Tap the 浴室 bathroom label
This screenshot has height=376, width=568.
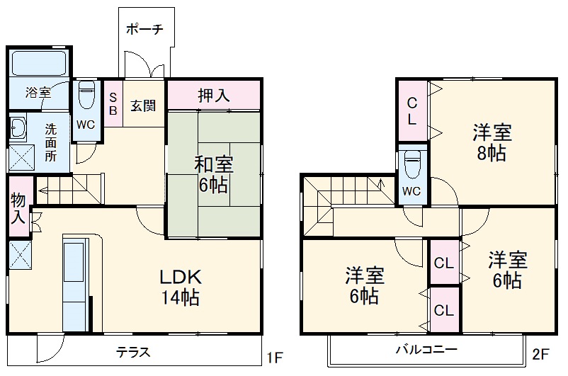point(38,92)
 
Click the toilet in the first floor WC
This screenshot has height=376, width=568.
point(86,95)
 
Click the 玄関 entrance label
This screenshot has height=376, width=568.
point(143,106)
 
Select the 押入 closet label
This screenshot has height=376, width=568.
point(213,95)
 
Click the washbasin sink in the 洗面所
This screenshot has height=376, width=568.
point(18,127)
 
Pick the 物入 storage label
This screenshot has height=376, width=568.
point(18,209)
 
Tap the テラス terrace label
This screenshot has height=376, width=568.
point(132,352)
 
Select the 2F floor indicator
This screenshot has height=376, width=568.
point(541,353)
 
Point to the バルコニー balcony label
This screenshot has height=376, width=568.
point(426,350)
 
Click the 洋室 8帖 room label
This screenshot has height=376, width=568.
point(492,142)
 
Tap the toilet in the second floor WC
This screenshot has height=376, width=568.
point(412,166)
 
